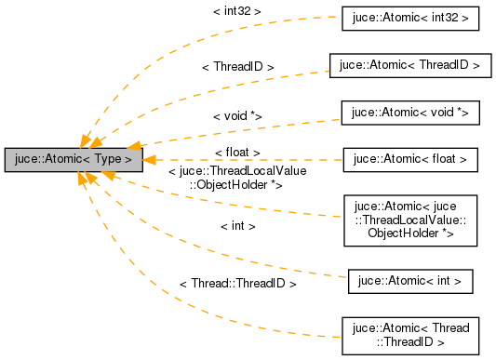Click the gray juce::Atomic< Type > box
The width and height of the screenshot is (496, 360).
coord(74,160)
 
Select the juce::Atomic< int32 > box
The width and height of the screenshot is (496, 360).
coord(410,19)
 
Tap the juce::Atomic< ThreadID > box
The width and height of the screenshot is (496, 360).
coord(409,65)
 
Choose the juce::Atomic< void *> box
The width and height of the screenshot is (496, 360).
coord(410,113)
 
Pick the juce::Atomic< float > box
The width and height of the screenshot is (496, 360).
coord(410,160)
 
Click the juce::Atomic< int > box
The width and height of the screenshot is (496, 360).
coord(410,279)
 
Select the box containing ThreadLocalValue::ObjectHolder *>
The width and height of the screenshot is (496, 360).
coord(410,220)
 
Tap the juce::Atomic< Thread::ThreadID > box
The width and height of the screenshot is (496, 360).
coord(410,335)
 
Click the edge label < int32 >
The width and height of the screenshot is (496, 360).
coord(236,11)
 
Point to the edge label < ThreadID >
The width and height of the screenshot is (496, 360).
coord(237,67)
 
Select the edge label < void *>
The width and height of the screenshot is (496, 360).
coord(236,115)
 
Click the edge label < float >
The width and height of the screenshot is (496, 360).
coord(236,152)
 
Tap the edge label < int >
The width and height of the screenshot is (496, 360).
coord(237,226)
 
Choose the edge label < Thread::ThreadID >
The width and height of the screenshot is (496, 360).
coord(237,283)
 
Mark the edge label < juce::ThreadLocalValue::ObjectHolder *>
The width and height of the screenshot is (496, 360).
coord(236,178)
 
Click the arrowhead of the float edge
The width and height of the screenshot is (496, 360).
coord(151,160)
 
